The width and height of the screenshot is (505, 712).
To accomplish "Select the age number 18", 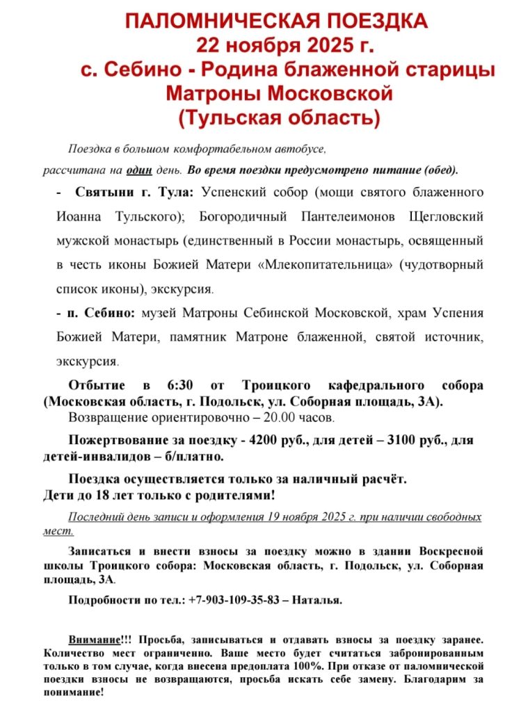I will click(x=107, y=496).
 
